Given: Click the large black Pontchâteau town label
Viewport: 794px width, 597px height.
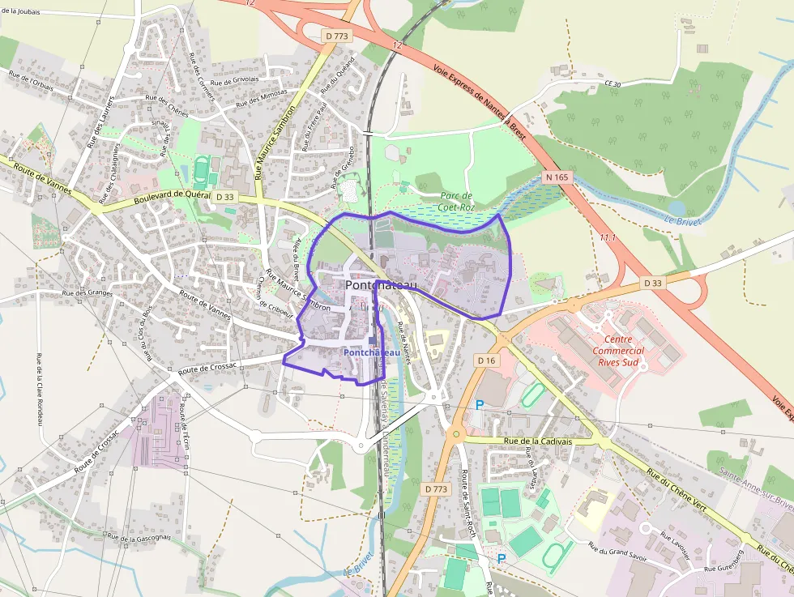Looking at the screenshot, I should (381, 286).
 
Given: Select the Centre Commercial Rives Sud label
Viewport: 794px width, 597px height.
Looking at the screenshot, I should (618, 351).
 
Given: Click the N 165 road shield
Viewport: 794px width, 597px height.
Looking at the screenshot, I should (557, 177).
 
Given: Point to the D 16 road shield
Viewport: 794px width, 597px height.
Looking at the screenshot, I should (486, 360).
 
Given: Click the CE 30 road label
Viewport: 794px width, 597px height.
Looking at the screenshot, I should (613, 84).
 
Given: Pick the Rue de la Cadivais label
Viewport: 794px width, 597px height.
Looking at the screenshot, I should (538, 441).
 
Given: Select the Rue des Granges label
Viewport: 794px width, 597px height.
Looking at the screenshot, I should (87, 292).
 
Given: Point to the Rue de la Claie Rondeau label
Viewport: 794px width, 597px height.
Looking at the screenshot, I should (39, 389).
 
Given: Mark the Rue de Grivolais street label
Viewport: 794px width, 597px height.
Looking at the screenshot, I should (234, 80).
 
